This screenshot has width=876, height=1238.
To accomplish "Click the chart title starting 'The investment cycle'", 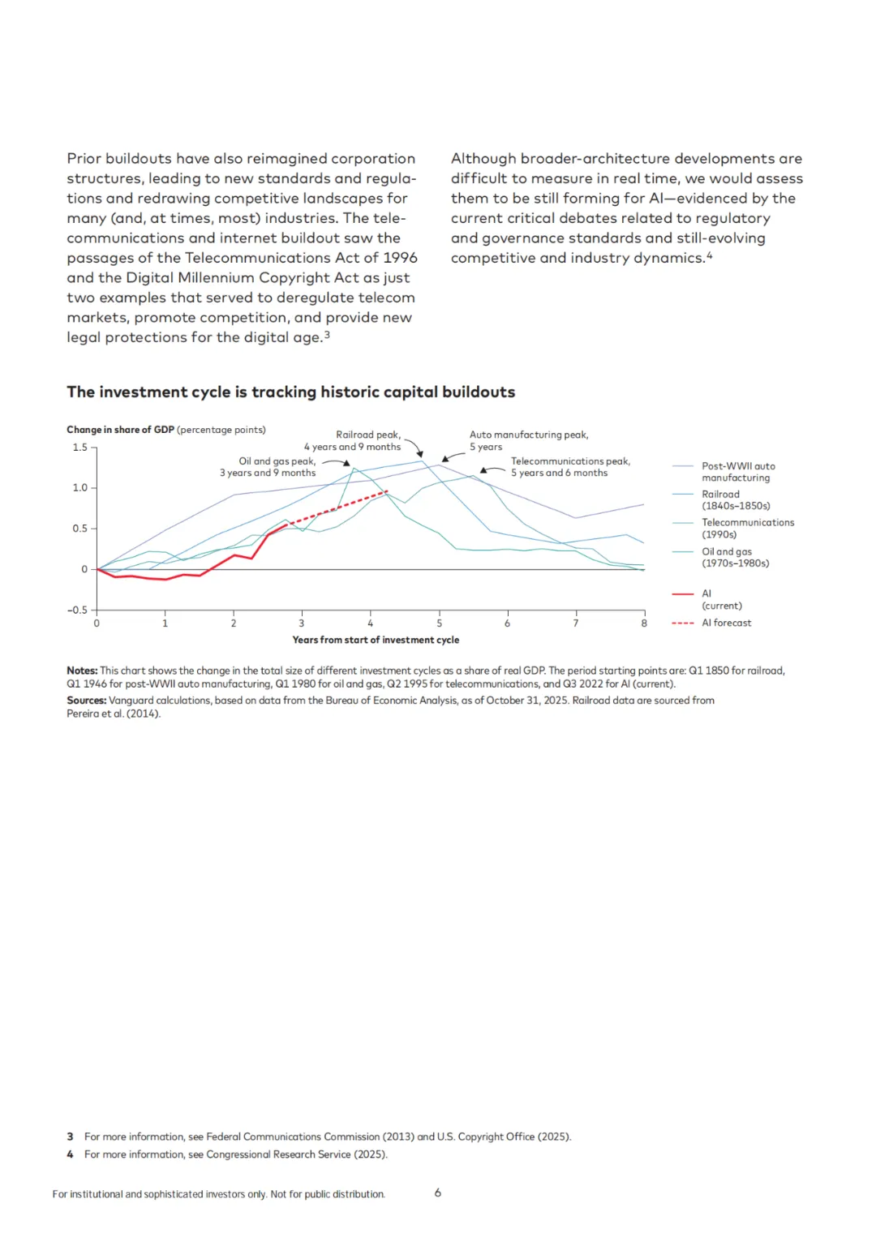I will point(290,392).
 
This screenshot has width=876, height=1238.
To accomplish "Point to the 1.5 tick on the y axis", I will point(80,448).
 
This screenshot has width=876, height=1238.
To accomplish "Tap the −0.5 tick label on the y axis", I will point(78,610).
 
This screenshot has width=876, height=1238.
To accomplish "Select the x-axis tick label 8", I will point(644,623).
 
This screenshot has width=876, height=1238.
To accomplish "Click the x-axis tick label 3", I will point(302,623).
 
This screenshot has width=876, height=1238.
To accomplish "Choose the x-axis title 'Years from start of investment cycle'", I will point(376,640).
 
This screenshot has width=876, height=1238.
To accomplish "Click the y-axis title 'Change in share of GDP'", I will point(120,430).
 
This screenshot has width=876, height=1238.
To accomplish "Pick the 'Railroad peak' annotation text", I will point(353,441).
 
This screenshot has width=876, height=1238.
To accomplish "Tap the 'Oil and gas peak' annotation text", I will point(268,467).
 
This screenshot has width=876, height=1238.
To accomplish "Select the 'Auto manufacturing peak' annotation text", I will point(528,441).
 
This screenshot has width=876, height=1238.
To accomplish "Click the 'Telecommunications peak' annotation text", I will point(569,467).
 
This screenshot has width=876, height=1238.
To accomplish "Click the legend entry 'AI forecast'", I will point(726,623).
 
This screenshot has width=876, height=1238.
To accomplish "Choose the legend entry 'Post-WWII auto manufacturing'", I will point(737,472).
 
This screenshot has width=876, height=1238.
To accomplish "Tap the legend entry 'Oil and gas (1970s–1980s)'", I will point(735,558).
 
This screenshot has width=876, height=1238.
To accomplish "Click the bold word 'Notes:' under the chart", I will point(82,671).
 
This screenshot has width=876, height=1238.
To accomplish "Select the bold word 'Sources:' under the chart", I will point(86,700).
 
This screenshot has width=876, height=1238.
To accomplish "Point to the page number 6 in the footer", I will point(438,1193).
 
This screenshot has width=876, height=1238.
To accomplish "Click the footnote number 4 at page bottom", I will point(70,1154).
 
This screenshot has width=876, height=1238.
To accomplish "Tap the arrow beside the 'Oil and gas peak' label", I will point(336,462).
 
